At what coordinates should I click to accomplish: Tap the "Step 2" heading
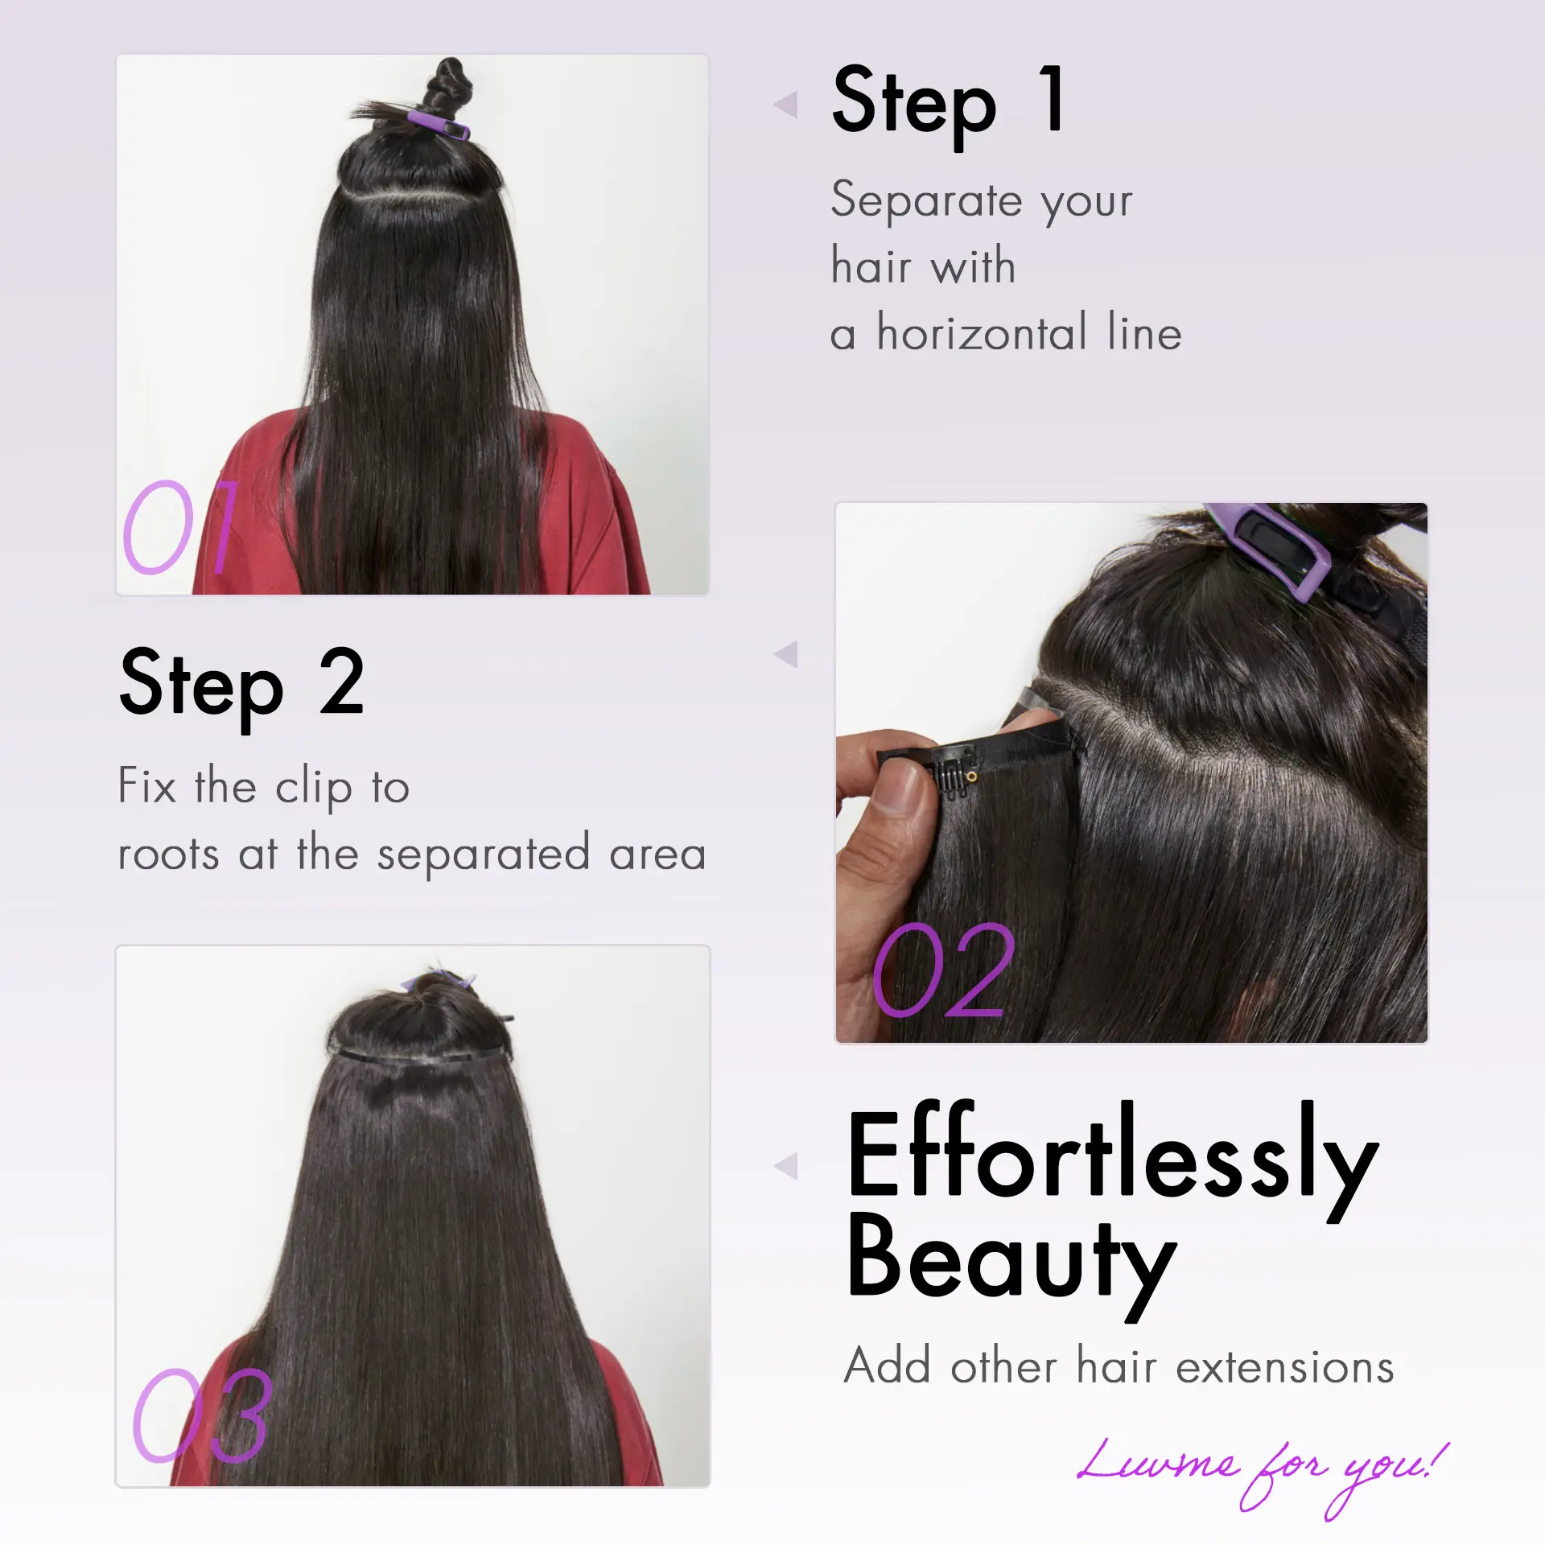[x=242, y=686]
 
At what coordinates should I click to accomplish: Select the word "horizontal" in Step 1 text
[x=982, y=332]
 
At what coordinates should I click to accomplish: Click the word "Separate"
[x=926, y=201]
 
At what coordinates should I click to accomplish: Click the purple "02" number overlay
[x=944, y=970]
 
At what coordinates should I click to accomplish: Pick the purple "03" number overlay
[x=202, y=1417]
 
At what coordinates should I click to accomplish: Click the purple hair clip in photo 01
[x=439, y=125]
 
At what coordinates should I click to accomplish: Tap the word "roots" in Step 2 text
[x=168, y=855]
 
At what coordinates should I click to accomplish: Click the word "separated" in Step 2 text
[x=483, y=855]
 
